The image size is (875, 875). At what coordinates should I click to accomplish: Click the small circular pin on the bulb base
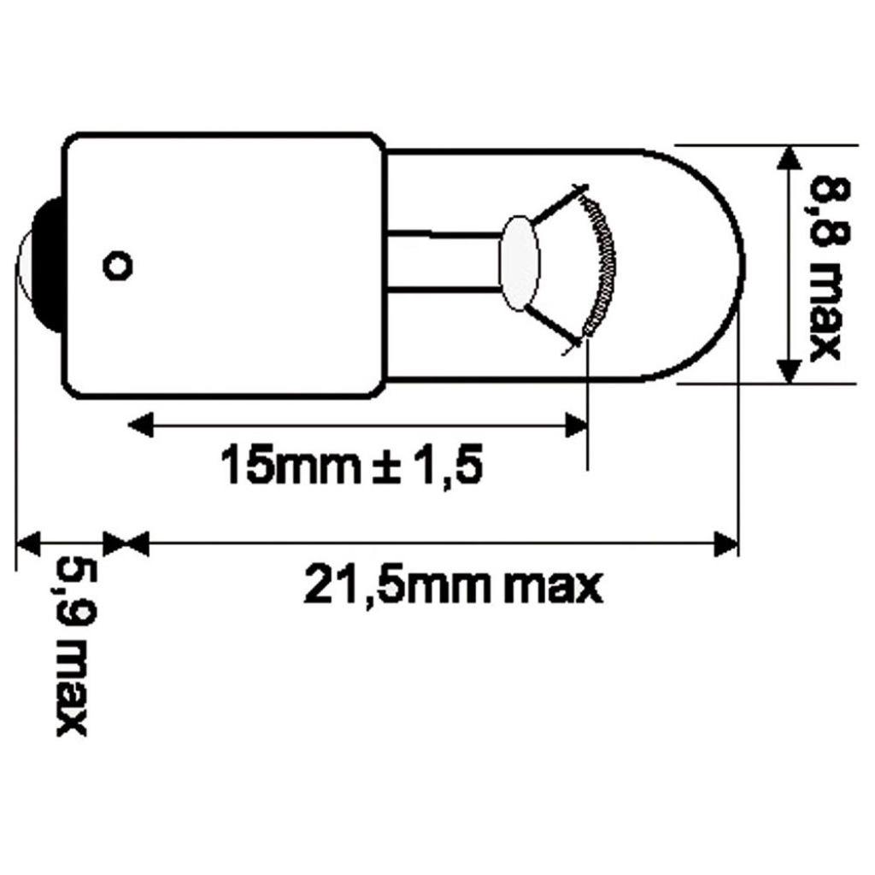(x=118, y=265)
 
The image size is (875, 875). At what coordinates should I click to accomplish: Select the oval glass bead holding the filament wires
(x=521, y=261)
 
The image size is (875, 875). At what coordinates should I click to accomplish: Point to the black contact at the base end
(x=47, y=265)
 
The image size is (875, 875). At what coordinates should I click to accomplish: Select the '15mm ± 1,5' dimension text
(x=351, y=465)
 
